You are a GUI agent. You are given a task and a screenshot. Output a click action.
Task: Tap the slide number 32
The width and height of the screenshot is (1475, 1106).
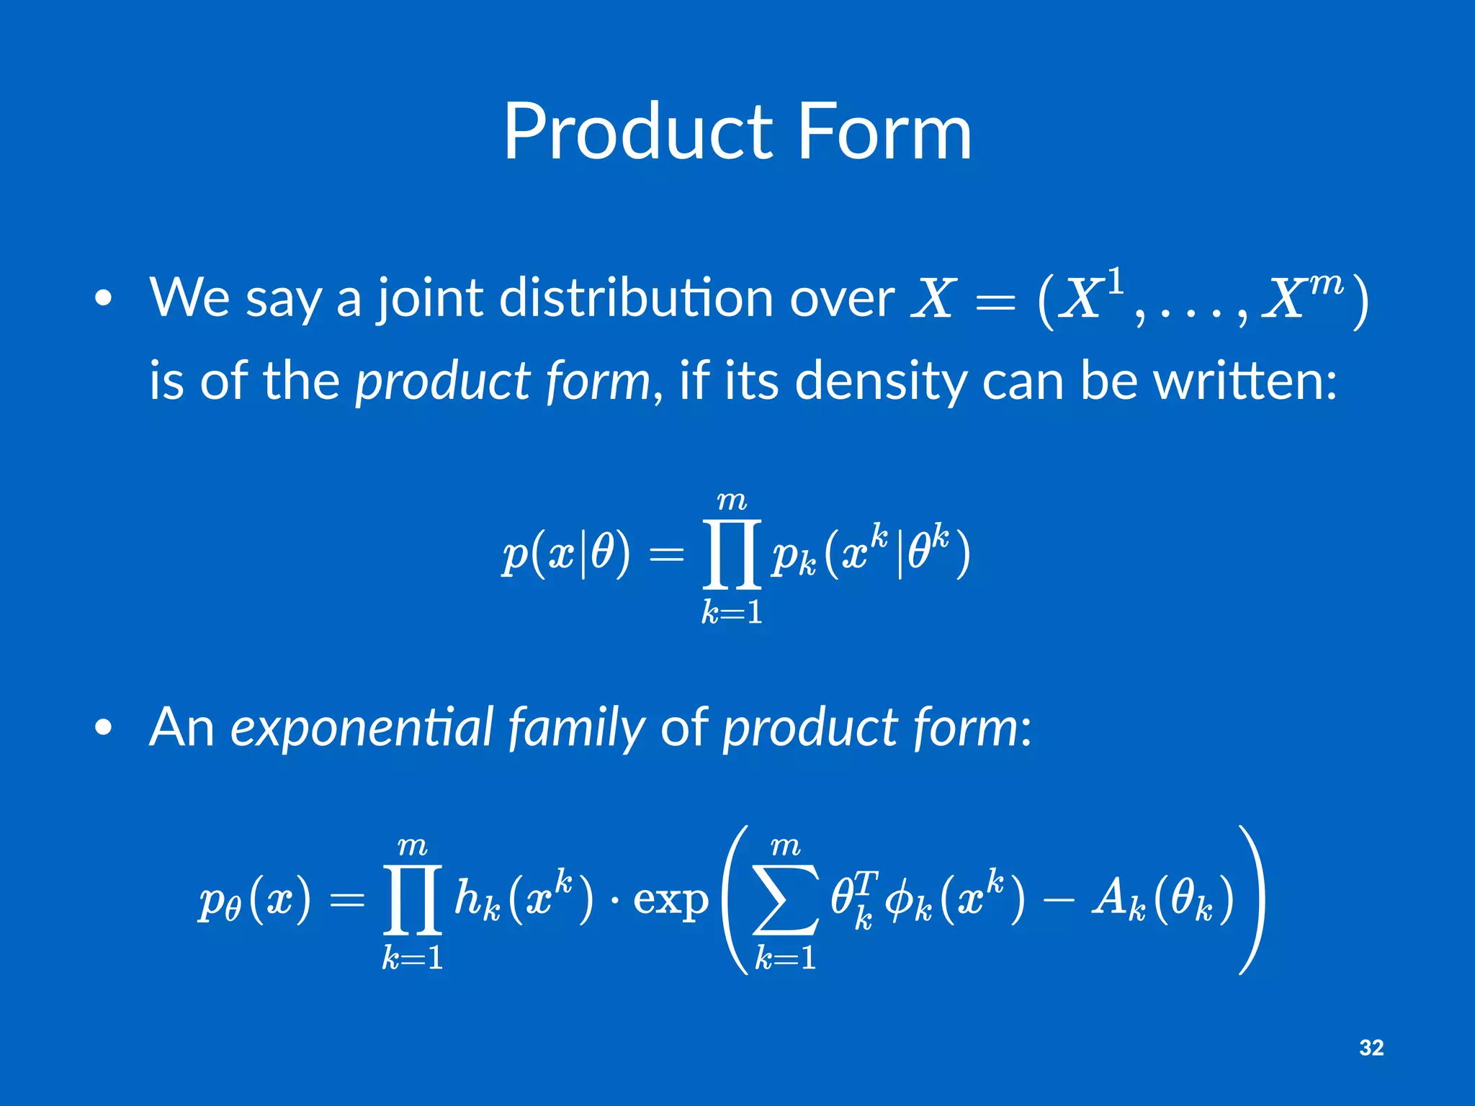[1371, 1047]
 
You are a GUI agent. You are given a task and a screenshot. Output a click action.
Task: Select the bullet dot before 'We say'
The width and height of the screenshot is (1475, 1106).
[104, 299]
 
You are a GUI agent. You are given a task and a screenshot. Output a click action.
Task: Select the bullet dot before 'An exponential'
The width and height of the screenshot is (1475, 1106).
[104, 728]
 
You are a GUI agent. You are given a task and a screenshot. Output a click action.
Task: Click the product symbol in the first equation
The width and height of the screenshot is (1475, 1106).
[732, 554]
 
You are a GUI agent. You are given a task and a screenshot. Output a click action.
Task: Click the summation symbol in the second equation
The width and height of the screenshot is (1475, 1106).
[785, 899]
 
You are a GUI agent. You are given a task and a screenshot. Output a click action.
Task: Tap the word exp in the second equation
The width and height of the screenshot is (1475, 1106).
[671, 900]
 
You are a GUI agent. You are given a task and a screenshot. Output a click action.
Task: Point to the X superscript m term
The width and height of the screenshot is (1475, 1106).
[1304, 295]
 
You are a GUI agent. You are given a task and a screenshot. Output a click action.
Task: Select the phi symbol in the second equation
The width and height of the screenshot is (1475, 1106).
[898, 900]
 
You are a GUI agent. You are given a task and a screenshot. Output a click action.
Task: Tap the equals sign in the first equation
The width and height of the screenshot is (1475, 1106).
[666, 554]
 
